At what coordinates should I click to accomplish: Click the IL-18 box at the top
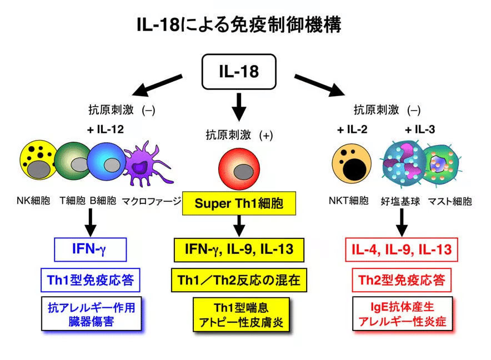(x=238, y=72)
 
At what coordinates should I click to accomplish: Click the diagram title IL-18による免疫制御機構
(x=239, y=24)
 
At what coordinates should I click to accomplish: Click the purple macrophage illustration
(x=146, y=162)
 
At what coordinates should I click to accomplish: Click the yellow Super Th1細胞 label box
(x=239, y=203)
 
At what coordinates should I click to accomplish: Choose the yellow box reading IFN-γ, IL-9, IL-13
(x=239, y=249)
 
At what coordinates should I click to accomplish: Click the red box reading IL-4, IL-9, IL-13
(x=401, y=249)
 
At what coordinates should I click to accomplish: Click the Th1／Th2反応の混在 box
(x=239, y=279)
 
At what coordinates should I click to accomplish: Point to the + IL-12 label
(x=105, y=129)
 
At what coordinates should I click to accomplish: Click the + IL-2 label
(x=352, y=129)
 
